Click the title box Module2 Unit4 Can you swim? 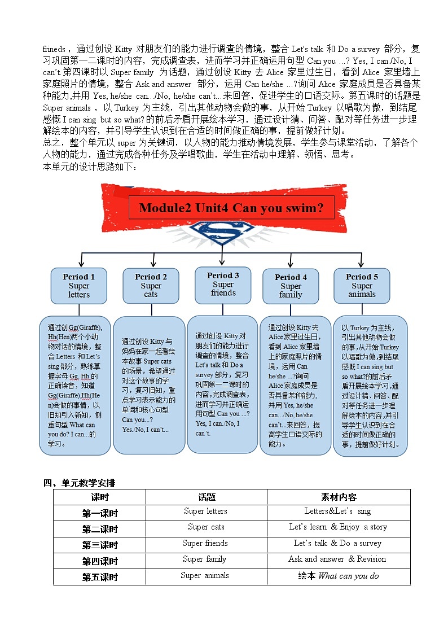tap(231, 208)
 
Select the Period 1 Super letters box tap(79, 286)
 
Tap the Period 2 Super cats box tap(151, 286)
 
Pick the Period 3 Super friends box tap(223, 284)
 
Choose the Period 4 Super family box tap(291, 286)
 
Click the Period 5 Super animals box tap(362, 286)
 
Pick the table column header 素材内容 tap(339, 497)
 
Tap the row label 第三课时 tap(100, 545)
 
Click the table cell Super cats tap(206, 527)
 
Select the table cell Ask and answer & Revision tap(337, 559)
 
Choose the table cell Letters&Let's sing tap(337, 511)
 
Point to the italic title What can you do tap(349, 576)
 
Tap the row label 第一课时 tap(100, 513)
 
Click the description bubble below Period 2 tap(150, 385)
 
